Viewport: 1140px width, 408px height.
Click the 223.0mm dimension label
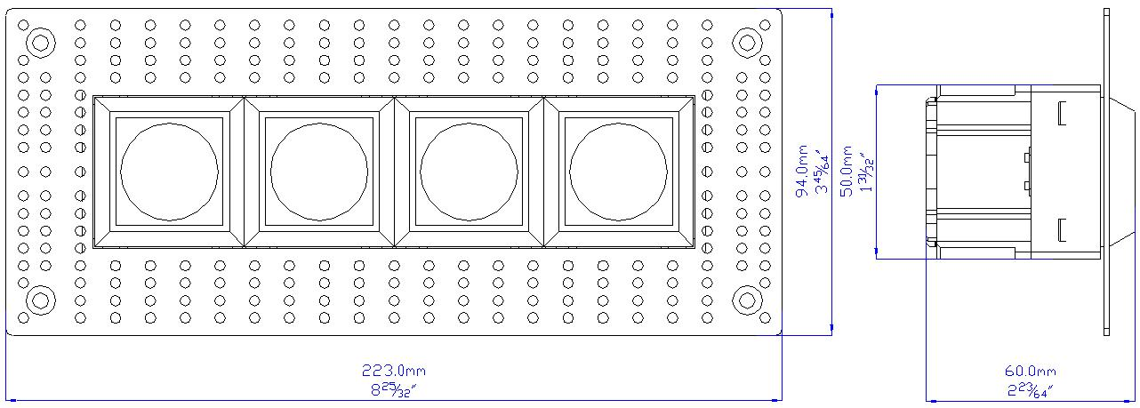pos(393,371)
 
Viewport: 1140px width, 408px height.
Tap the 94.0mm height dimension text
pos(801,171)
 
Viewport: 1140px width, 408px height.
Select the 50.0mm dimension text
pos(846,172)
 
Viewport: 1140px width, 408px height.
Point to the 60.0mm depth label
pos(1030,372)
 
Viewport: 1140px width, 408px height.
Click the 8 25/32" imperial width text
pos(393,389)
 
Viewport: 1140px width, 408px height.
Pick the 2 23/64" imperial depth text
pos(1030,390)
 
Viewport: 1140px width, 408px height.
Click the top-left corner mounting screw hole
pos(41,43)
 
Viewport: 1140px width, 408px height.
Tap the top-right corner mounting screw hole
pos(747,43)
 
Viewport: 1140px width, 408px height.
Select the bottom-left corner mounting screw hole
pos(41,300)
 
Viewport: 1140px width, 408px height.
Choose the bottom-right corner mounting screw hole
pos(747,300)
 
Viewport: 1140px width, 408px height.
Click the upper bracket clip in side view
pos(1062,114)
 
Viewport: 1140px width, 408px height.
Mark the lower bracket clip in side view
pos(1062,229)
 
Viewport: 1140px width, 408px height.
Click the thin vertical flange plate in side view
pos(1106,172)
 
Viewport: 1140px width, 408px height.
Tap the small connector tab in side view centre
pos(1028,172)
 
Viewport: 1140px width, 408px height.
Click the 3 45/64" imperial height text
pos(823,172)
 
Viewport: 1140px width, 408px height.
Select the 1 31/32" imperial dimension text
pos(867,172)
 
